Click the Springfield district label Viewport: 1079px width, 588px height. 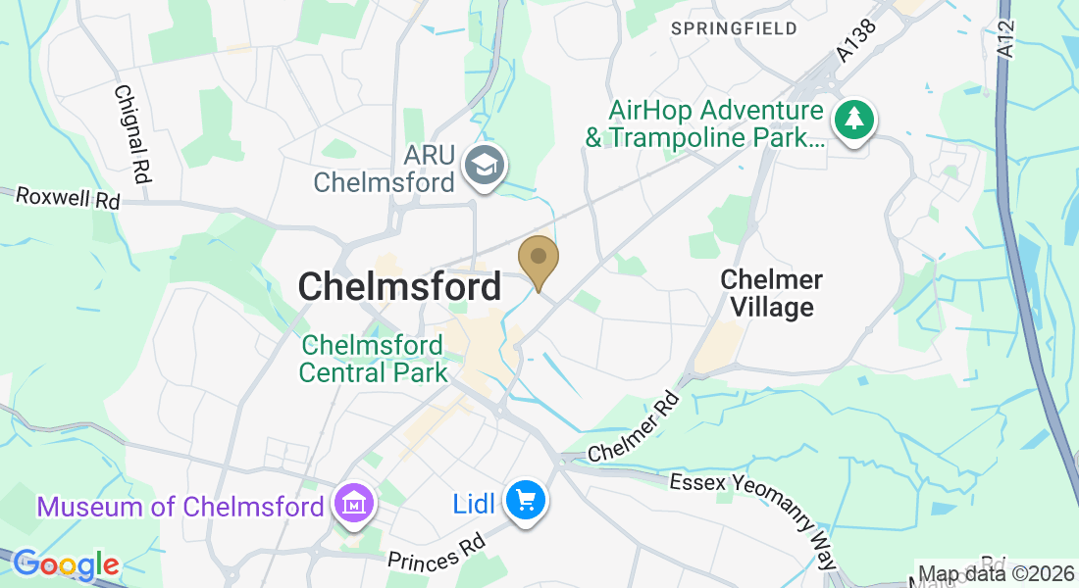734,28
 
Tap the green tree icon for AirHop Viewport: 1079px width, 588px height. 854,121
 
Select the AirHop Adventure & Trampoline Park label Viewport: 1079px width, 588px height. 704,123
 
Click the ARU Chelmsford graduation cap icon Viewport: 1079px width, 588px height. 484,165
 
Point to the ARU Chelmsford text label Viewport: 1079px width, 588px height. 385,169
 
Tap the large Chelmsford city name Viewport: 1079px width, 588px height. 399,287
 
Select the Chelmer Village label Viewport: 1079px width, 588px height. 771,294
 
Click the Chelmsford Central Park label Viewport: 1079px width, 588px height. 373,359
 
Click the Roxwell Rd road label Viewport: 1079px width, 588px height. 68,197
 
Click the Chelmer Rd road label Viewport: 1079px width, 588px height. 634,428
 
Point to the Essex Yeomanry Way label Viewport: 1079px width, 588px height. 755,519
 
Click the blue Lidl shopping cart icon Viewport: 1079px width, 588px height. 526,501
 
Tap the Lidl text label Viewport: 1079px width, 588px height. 475,504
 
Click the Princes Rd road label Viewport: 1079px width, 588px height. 437,555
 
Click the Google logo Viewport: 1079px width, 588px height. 66,564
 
